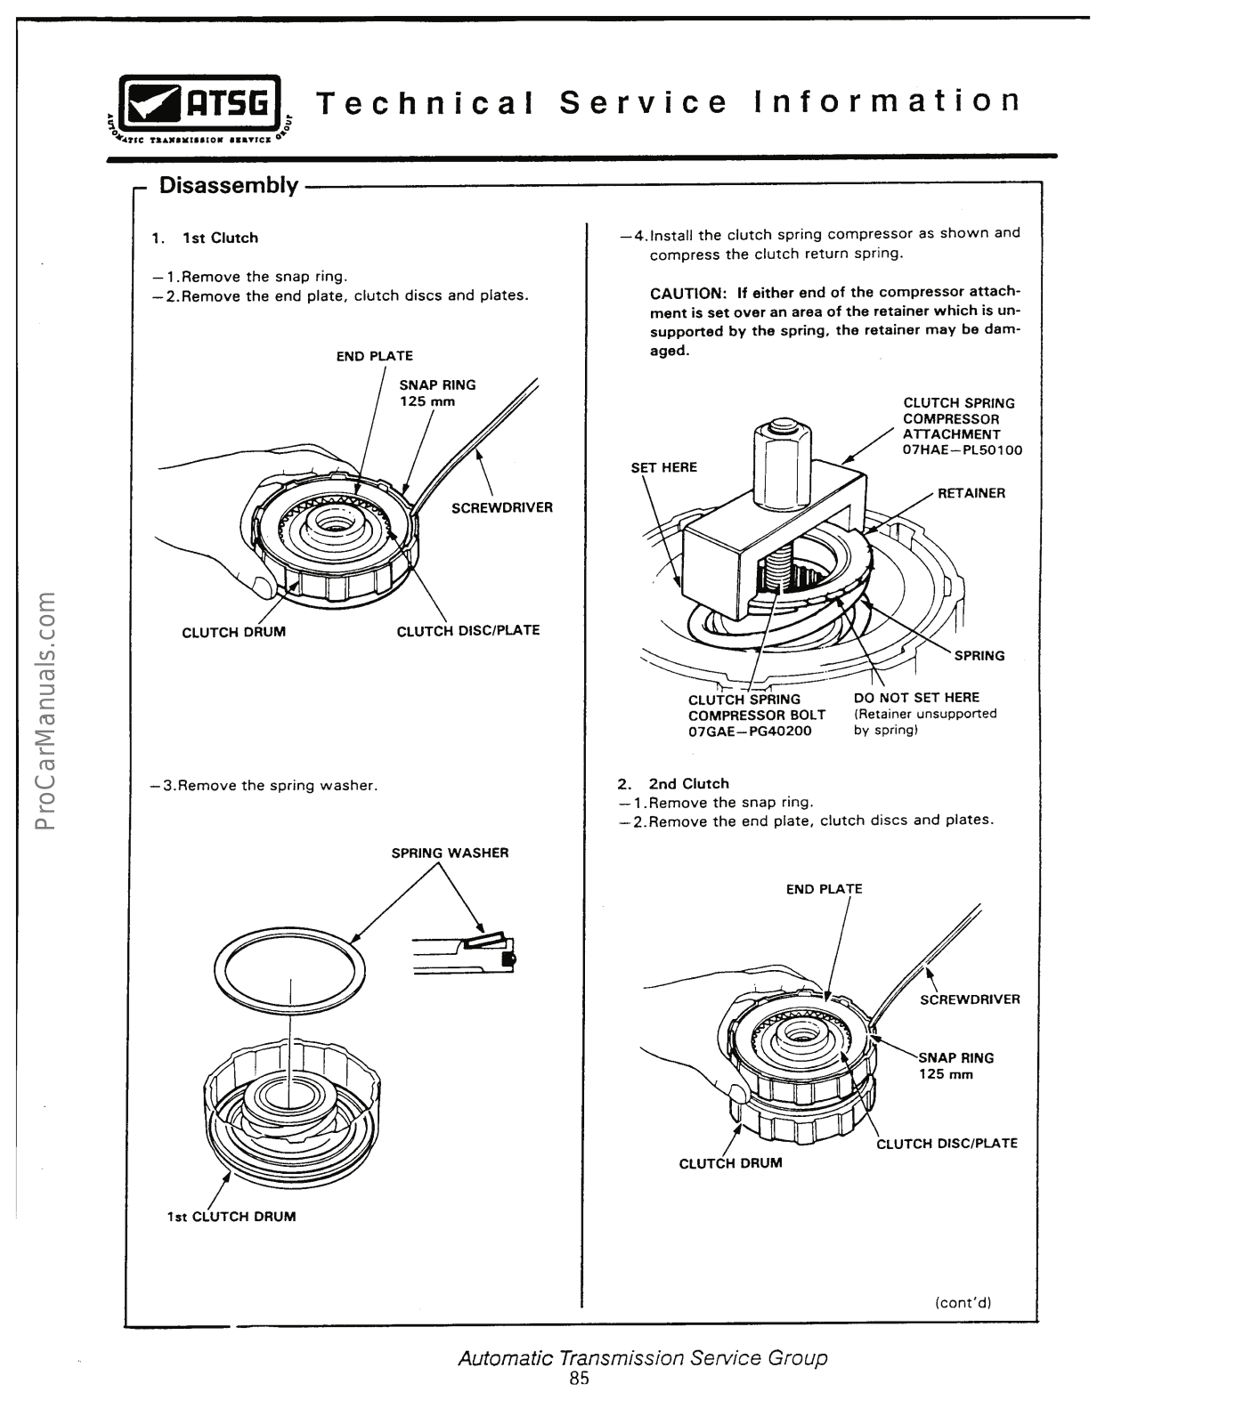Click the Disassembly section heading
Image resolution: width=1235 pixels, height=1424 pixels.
(228, 185)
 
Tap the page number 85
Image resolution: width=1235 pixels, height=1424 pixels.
(580, 1379)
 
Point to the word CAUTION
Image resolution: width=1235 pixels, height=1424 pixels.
(688, 293)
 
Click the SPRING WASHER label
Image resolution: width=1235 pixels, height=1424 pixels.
(450, 853)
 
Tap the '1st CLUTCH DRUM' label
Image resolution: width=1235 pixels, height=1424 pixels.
(232, 1217)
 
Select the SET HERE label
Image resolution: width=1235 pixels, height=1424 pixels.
(663, 467)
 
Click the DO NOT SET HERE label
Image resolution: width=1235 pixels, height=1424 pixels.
(916, 698)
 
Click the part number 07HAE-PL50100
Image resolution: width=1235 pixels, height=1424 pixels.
(963, 450)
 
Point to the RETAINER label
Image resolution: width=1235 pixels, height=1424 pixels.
(971, 493)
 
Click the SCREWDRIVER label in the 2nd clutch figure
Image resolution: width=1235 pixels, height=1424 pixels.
(970, 999)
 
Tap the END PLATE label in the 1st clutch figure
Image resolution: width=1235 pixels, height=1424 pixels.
(374, 356)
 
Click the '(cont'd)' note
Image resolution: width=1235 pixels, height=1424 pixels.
(963, 1302)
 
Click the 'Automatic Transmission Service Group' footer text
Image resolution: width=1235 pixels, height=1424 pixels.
(642, 1358)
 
